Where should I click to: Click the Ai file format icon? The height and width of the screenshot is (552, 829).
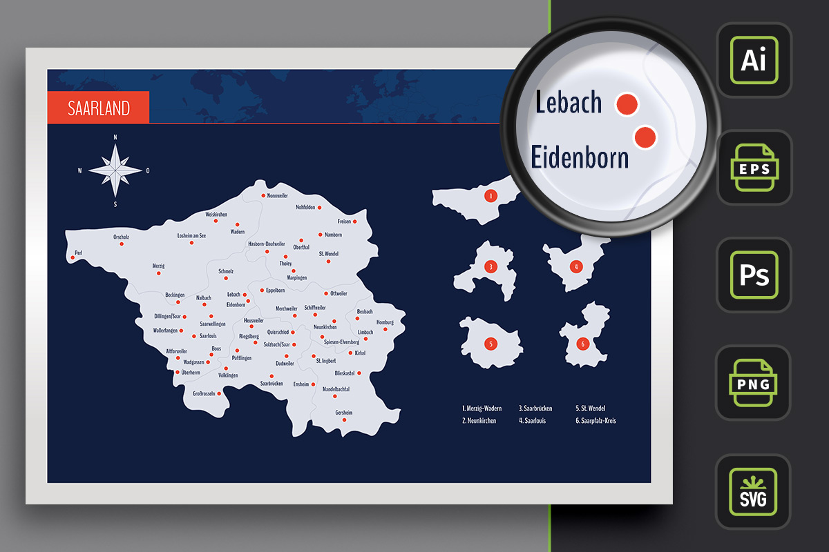click(x=754, y=61)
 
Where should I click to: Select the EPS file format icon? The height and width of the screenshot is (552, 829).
click(x=754, y=168)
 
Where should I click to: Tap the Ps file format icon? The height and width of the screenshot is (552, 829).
click(x=754, y=275)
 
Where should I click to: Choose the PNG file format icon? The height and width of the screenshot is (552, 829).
click(x=754, y=382)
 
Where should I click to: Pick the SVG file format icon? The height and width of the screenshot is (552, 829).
click(x=754, y=491)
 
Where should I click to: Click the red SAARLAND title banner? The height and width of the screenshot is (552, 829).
click(x=98, y=108)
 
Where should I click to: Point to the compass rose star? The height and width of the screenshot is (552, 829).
click(x=115, y=170)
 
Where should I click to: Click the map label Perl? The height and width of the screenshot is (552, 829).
click(x=78, y=253)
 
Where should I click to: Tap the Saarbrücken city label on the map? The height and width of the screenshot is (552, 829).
click(x=271, y=384)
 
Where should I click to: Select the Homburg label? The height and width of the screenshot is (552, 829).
click(x=385, y=322)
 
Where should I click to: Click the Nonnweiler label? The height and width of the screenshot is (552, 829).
click(x=277, y=196)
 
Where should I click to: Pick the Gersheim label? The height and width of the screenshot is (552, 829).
click(x=343, y=413)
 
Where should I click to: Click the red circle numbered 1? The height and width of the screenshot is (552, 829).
click(x=490, y=196)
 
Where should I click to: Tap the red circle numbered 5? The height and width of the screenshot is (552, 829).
click(x=490, y=344)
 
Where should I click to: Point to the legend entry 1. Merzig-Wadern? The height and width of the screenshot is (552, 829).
click(x=483, y=408)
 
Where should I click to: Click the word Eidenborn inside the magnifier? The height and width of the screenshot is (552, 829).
click(x=580, y=158)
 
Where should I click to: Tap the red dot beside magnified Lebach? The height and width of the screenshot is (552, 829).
click(x=627, y=104)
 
